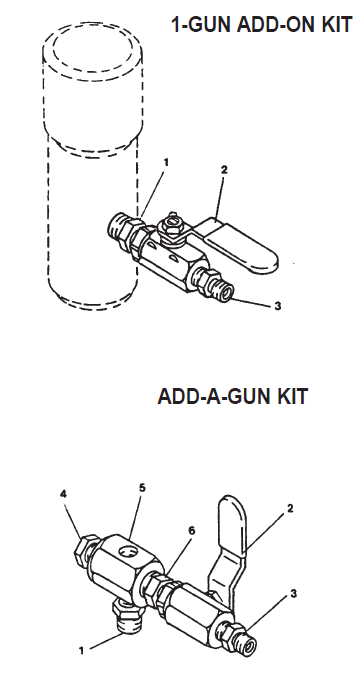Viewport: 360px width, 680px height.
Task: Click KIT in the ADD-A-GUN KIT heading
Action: point(290,396)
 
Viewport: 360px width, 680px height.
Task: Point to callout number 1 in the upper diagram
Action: point(167,161)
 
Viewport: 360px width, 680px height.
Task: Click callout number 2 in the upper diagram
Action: point(224,170)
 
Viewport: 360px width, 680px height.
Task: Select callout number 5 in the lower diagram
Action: point(142,487)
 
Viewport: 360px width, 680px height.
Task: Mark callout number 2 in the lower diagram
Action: point(290,508)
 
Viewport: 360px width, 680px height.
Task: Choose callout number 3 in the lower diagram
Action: point(293,593)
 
